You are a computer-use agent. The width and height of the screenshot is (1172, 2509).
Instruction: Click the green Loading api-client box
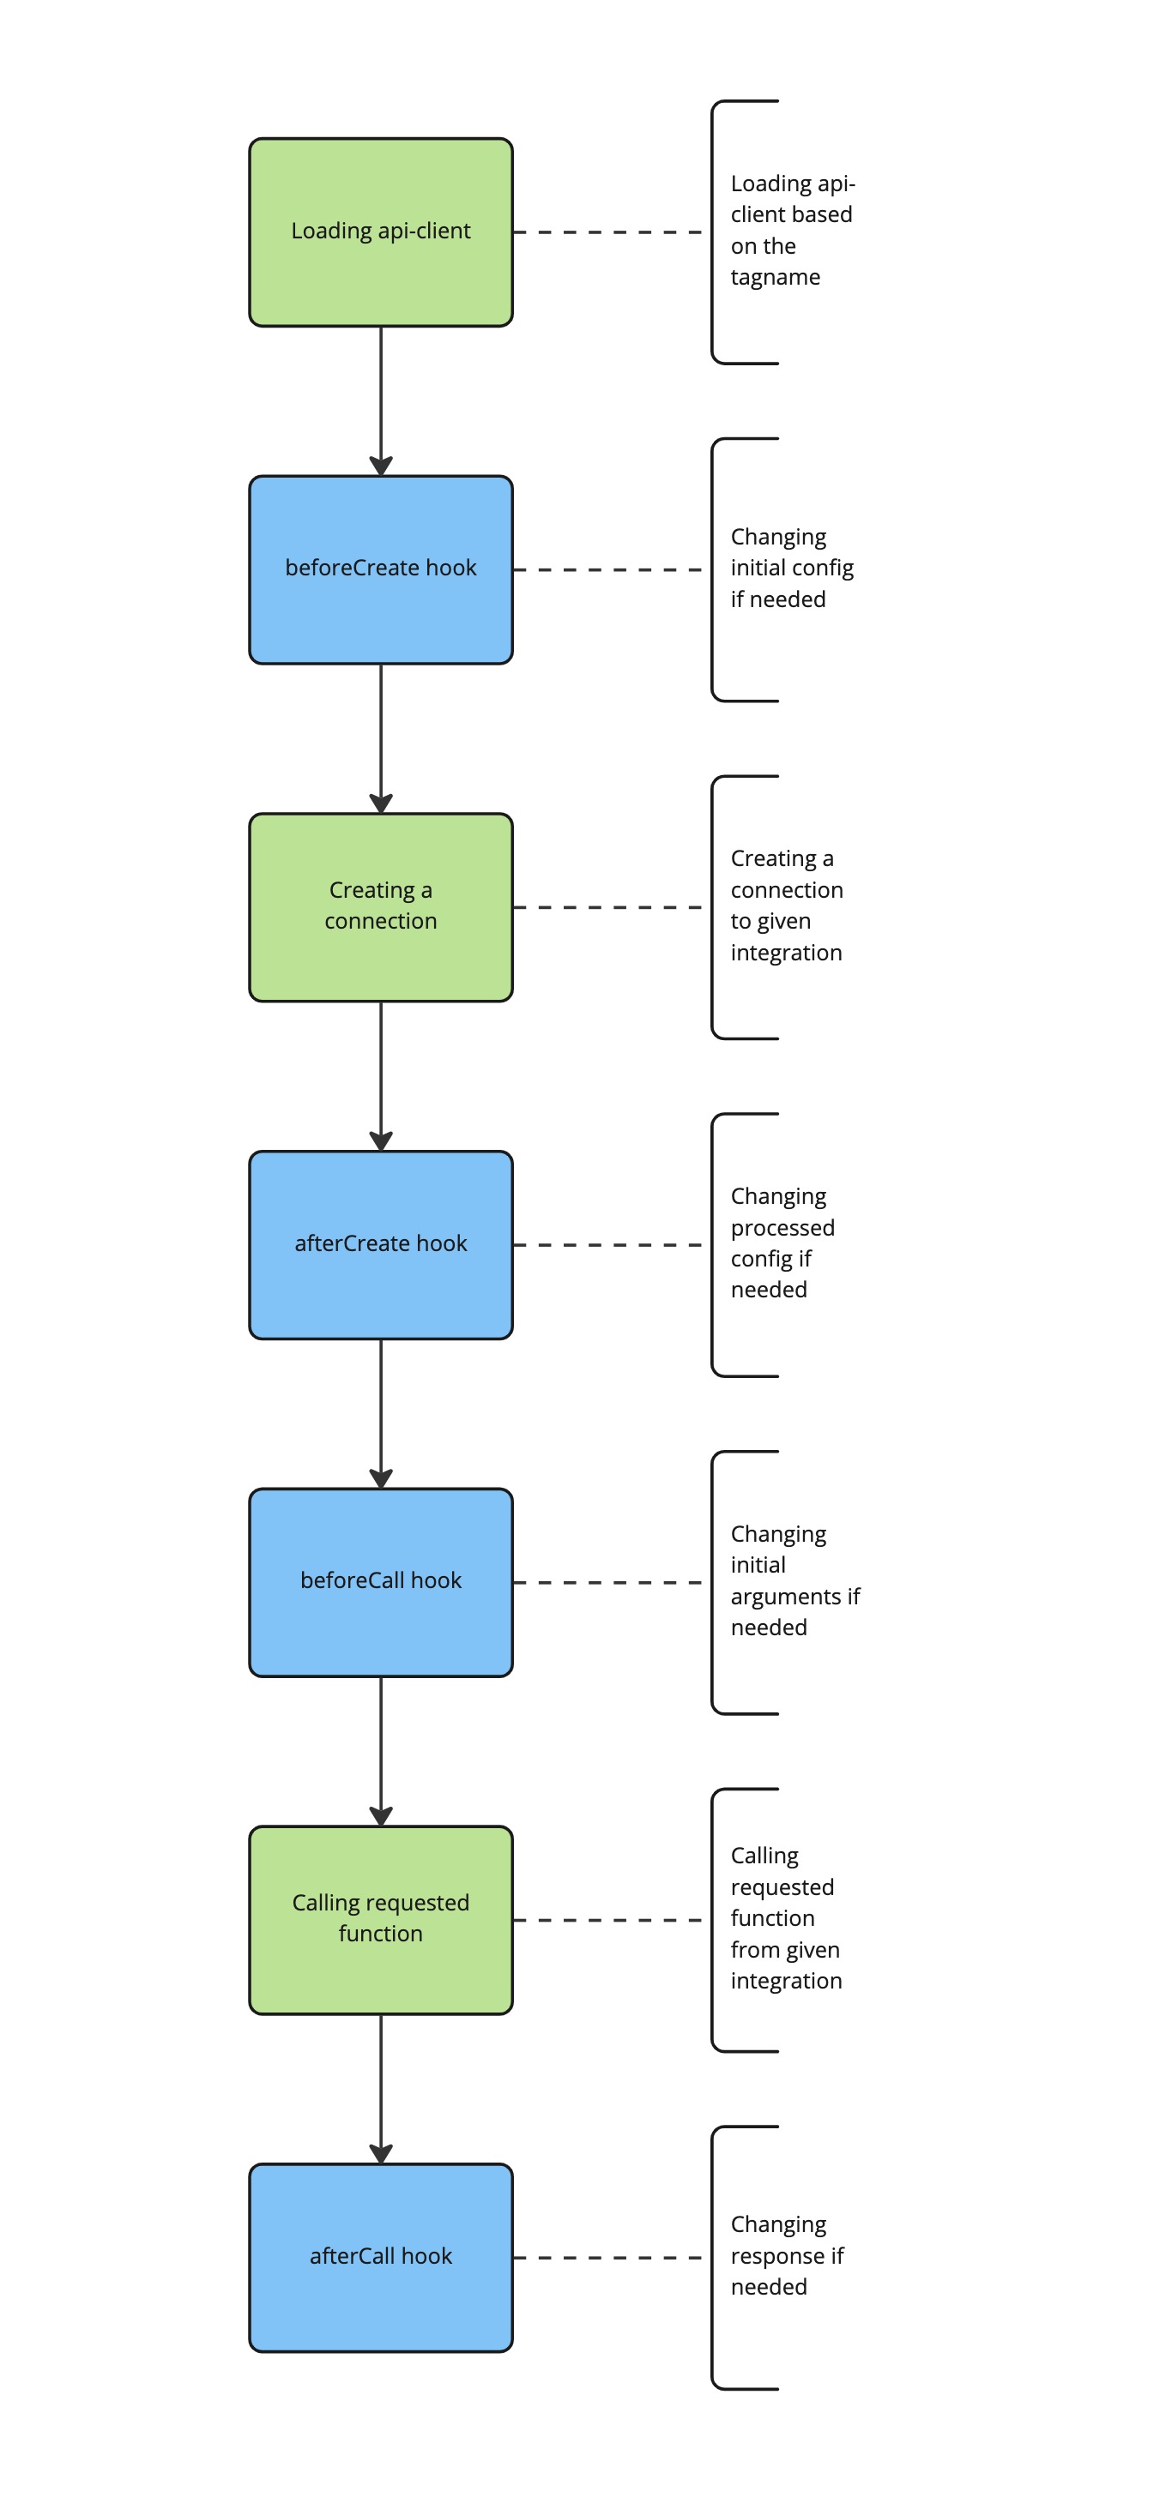(381, 232)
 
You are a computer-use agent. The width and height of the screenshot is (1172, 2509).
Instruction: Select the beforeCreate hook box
(381, 569)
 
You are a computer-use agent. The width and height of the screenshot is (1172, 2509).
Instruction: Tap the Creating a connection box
(381, 906)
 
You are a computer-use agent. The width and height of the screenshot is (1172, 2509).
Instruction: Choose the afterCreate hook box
(381, 1245)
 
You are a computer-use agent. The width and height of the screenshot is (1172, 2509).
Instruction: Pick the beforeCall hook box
(381, 1582)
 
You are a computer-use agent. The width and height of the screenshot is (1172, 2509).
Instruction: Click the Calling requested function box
(381, 1920)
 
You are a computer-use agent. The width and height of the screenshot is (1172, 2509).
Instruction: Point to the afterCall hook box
(381, 2258)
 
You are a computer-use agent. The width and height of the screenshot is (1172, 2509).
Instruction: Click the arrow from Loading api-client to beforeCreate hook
(381, 401)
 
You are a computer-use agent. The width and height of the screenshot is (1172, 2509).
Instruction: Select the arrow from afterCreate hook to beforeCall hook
(381, 1414)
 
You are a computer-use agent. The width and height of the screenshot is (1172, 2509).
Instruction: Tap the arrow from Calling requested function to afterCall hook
(381, 2089)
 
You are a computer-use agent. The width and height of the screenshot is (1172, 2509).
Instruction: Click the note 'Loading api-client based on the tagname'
(792, 230)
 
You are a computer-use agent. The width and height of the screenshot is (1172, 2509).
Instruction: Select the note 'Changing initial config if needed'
(792, 568)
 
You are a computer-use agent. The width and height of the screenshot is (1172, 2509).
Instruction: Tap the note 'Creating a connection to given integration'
(787, 905)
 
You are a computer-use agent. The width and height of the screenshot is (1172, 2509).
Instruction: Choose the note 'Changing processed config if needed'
(782, 1242)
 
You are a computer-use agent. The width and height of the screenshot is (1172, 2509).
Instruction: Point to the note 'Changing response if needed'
(787, 2256)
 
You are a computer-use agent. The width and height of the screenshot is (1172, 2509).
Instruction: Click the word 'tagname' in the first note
(776, 278)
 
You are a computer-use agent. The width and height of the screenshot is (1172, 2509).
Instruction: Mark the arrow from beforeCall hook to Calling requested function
(381, 1751)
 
